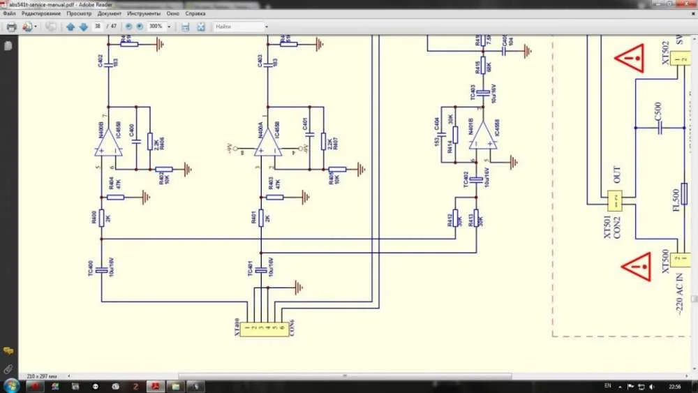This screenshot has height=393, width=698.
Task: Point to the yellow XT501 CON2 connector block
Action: (x=615, y=200)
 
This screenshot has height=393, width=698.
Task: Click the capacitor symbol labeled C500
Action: (x=658, y=128)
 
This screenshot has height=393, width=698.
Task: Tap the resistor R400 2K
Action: (x=101, y=218)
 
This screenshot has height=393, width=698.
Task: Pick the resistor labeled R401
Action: (x=260, y=218)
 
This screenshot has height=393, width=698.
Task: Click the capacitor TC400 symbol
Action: (x=101, y=269)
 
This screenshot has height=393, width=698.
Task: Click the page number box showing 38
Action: (x=98, y=27)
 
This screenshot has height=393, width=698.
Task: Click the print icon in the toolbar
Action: (x=11, y=27)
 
